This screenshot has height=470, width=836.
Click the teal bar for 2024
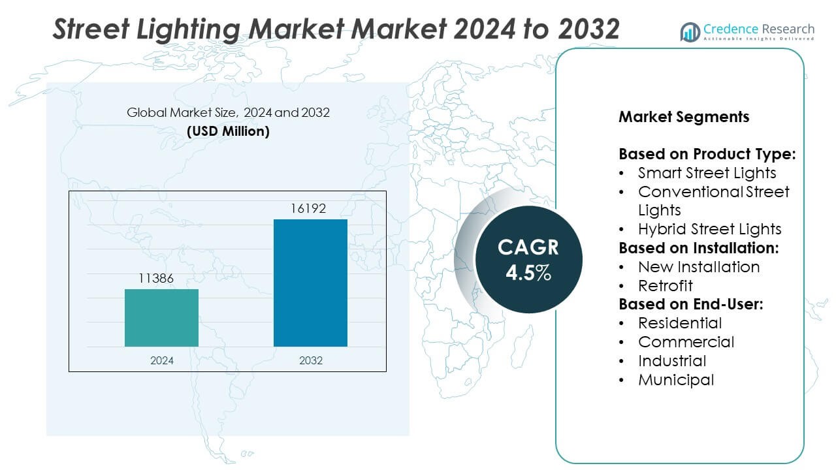pyautogui.click(x=161, y=318)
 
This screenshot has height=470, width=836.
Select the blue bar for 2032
pyautogui.click(x=310, y=283)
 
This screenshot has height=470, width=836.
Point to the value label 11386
pyautogui.click(x=156, y=279)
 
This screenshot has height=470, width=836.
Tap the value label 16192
pyautogui.click(x=308, y=209)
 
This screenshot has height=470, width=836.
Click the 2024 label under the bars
pyautogui.click(x=161, y=360)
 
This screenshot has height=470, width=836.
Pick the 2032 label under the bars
pyautogui.click(x=310, y=360)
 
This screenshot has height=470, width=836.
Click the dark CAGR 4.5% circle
pyautogui.click(x=528, y=259)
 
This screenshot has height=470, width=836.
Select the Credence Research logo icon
pyautogui.click(x=690, y=31)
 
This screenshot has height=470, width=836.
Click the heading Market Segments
pyautogui.click(x=684, y=117)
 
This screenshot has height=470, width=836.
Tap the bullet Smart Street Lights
pyautogui.click(x=707, y=172)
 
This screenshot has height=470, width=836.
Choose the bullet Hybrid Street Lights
pyautogui.click(x=709, y=228)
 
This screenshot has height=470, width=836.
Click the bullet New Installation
pyautogui.click(x=698, y=266)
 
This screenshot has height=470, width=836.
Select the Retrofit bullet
pyautogui.click(x=665, y=285)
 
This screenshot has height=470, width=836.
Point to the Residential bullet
pyautogui.click(x=679, y=322)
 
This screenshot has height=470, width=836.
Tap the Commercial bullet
pyautogui.click(x=686, y=341)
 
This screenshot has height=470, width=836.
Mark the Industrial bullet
pyautogui.click(x=671, y=360)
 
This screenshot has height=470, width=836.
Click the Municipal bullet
pyautogui.click(x=675, y=379)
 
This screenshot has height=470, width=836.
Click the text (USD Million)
pyautogui.click(x=228, y=131)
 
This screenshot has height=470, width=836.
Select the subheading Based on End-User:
pyautogui.click(x=691, y=304)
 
